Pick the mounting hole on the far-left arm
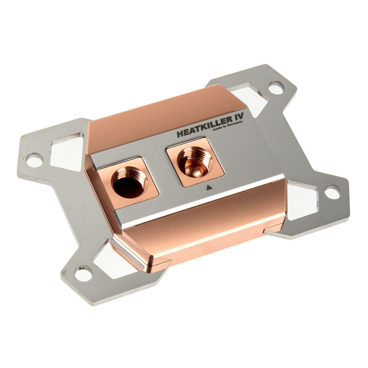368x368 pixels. [x=34, y=160]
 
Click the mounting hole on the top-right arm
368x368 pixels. [x=276, y=87]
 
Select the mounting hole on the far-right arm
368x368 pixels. [x=332, y=191]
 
